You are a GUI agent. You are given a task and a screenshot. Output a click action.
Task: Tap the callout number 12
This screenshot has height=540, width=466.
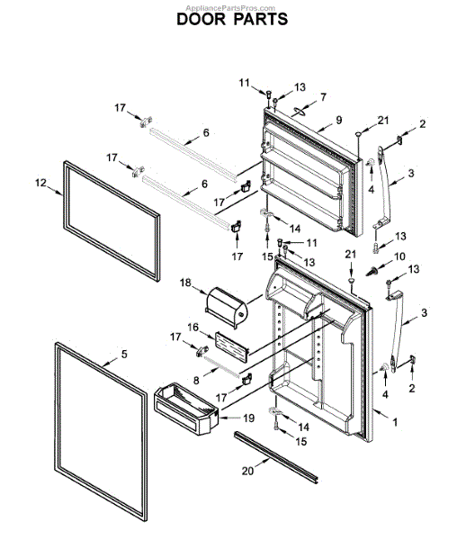coord(40,183)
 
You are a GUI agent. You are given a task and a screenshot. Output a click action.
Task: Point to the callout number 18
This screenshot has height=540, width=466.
coord(186,283)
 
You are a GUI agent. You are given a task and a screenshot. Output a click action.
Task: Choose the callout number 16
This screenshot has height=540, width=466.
coord(193,328)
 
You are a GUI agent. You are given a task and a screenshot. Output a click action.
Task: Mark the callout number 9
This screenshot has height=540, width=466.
coord(339,120)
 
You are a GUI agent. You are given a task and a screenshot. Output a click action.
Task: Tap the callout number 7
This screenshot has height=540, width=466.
coord(323,96)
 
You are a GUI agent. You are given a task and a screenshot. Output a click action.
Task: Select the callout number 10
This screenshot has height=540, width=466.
coord(400,256)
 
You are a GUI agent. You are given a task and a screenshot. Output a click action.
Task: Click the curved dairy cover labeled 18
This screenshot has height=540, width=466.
coord(226,303)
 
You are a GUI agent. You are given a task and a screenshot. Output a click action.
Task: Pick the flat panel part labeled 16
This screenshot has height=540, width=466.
coord(227,345)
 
